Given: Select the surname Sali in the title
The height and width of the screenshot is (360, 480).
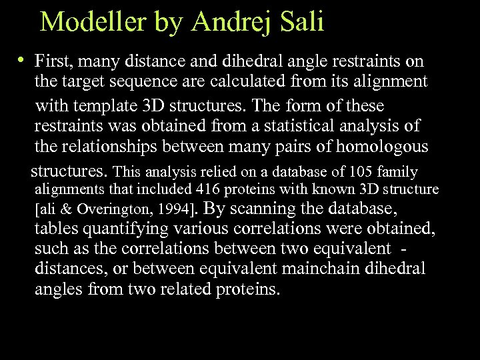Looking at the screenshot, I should point(301,22).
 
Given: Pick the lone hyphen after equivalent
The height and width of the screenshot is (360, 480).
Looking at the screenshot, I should point(406,249).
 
